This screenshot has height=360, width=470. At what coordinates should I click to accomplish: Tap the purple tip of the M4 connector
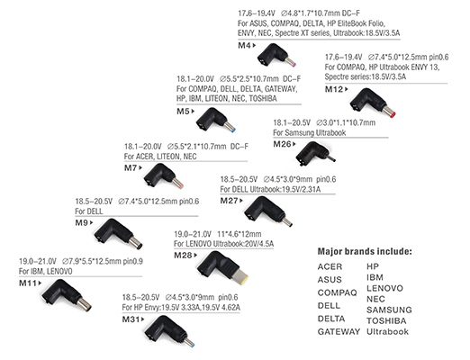pos(294,65)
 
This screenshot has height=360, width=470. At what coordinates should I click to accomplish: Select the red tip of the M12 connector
pos(393,114)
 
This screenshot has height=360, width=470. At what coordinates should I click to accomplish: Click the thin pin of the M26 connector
pos(331,158)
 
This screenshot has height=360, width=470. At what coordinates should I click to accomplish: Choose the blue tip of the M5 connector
pos(233,130)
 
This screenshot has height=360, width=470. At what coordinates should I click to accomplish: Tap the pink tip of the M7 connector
pos(181,186)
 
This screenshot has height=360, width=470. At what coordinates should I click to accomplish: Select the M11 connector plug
pos(67,295)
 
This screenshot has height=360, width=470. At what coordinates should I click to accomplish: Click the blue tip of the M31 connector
pos(193,345)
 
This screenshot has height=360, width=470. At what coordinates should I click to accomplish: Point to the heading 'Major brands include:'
pos(365,251)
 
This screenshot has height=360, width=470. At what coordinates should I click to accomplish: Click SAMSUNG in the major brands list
pos(389,310)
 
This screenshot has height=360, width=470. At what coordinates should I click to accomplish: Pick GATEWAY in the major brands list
pos(339,331)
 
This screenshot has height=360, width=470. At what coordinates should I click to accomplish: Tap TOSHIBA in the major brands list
pos(386,320)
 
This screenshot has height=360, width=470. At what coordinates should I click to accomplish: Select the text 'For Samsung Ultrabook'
pos(310,132)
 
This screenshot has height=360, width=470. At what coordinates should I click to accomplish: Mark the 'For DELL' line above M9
pos(89,211)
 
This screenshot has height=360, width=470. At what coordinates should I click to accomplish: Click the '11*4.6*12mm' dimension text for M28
pos(240,234)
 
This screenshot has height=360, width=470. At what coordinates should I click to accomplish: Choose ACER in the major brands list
pos(330,266)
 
